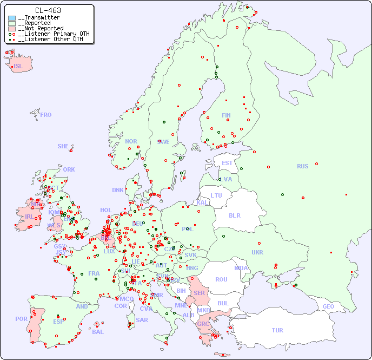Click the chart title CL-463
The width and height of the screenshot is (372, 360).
(48, 10)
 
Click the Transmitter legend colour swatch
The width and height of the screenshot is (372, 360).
(12, 18)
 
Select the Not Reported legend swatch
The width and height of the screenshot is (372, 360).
(12, 28)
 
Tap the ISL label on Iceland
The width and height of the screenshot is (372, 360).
(18, 67)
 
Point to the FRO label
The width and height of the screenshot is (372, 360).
(46, 115)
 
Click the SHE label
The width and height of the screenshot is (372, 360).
(63, 146)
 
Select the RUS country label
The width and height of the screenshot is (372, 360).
(302, 166)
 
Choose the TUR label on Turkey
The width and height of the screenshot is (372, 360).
(277, 330)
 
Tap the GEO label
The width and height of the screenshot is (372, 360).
(328, 306)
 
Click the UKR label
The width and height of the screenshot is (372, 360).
(257, 252)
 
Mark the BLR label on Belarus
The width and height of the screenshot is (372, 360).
(235, 215)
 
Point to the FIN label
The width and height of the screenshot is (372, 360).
(226, 115)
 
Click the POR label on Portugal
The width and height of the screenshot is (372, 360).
(21, 319)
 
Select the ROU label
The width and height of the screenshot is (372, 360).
(221, 279)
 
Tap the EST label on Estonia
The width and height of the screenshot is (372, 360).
(227, 163)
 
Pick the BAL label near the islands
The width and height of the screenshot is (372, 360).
(98, 332)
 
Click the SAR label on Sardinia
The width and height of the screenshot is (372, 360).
(142, 319)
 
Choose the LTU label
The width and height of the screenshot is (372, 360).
(216, 195)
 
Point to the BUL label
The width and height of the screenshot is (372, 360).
(223, 303)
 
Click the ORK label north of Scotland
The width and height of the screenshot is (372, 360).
(69, 169)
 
